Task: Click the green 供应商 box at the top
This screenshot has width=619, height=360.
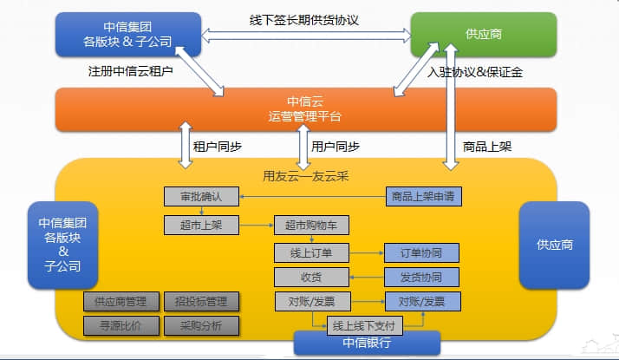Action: (x=483, y=35)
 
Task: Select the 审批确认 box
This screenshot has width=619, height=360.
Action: (x=200, y=197)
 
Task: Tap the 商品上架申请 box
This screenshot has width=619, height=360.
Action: (x=424, y=197)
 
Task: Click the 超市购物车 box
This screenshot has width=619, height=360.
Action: (x=311, y=226)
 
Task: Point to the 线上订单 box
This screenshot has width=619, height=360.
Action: (x=311, y=252)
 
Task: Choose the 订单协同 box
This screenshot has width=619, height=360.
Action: (x=422, y=252)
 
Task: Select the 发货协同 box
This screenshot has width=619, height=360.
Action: (x=422, y=278)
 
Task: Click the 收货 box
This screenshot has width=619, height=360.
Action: (x=311, y=278)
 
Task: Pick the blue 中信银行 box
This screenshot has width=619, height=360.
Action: (x=368, y=343)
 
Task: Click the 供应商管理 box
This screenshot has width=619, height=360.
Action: (x=121, y=302)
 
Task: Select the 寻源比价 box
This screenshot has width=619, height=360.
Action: (x=121, y=326)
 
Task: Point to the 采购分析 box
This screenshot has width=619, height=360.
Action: (x=200, y=326)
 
